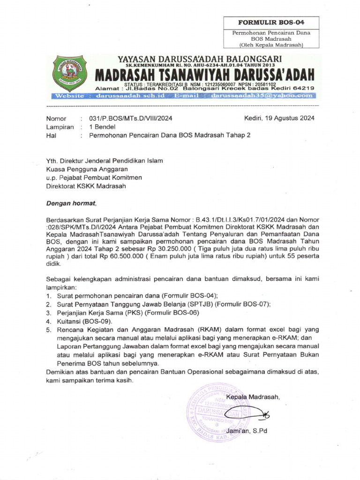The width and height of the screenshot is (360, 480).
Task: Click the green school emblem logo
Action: coord(70,73)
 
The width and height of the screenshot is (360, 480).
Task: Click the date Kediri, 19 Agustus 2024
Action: coord(279,118)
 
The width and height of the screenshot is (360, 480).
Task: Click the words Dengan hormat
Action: coord(70,203)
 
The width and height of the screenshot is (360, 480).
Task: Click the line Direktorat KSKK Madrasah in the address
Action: coord(86,186)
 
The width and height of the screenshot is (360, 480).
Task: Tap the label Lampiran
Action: coord(60,127)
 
